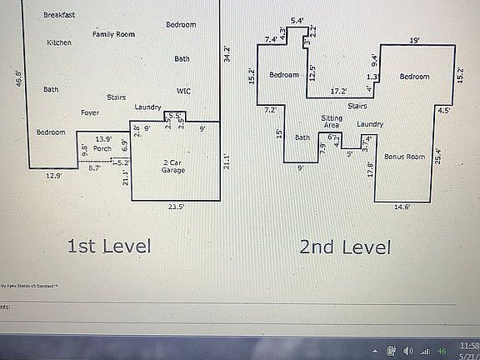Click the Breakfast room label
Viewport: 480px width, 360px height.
[x=59, y=15]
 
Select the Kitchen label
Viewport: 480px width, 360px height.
[x=59, y=42]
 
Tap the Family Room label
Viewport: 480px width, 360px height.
[x=113, y=34]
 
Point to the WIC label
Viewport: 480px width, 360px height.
[x=183, y=90]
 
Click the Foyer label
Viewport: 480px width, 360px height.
[x=90, y=112]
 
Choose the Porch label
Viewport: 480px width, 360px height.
[x=102, y=148]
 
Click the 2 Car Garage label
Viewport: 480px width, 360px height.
[x=173, y=165]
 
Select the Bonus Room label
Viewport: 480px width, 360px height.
[x=404, y=157]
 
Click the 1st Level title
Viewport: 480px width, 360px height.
[x=109, y=246]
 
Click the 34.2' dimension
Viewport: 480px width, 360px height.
[x=227, y=56]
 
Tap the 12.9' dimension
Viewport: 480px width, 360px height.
[x=53, y=176]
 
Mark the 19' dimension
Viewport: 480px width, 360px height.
[x=414, y=39]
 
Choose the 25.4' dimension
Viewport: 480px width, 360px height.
[x=439, y=153]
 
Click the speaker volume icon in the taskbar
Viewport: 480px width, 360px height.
[x=408, y=350]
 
